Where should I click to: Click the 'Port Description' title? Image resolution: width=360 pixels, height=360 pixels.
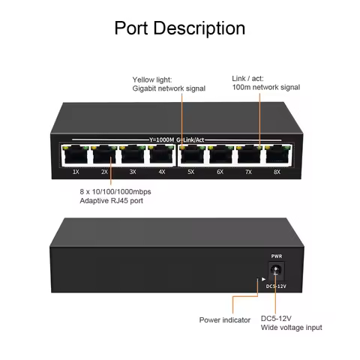[x=179, y=28]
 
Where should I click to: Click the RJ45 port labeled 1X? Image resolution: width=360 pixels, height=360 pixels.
[x=76, y=155]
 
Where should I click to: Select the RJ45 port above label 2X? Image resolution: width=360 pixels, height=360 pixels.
[x=104, y=155]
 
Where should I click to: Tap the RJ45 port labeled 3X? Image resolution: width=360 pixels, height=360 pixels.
[x=133, y=155]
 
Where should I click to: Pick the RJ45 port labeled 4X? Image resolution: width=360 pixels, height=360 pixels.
[x=160, y=155]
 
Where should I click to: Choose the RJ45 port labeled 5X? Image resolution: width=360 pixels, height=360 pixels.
[x=191, y=155]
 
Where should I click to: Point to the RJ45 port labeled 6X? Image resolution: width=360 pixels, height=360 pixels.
[x=220, y=155]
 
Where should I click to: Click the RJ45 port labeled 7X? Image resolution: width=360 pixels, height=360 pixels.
[x=248, y=155]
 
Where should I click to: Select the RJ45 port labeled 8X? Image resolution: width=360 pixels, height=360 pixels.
[x=276, y=155]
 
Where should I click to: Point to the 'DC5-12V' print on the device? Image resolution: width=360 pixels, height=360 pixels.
[x=274, y=286]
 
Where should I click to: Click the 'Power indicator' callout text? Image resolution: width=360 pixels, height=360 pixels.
[x=226, y=319]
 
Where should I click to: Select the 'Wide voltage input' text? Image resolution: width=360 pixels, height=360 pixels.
[x=292, y=328]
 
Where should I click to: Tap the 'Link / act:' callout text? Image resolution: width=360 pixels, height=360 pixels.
[x=247, y=77]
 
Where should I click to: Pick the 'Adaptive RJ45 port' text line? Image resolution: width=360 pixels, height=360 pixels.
[x=112, y=202]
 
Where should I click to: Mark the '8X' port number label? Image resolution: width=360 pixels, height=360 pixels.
[x=276, y=172]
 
